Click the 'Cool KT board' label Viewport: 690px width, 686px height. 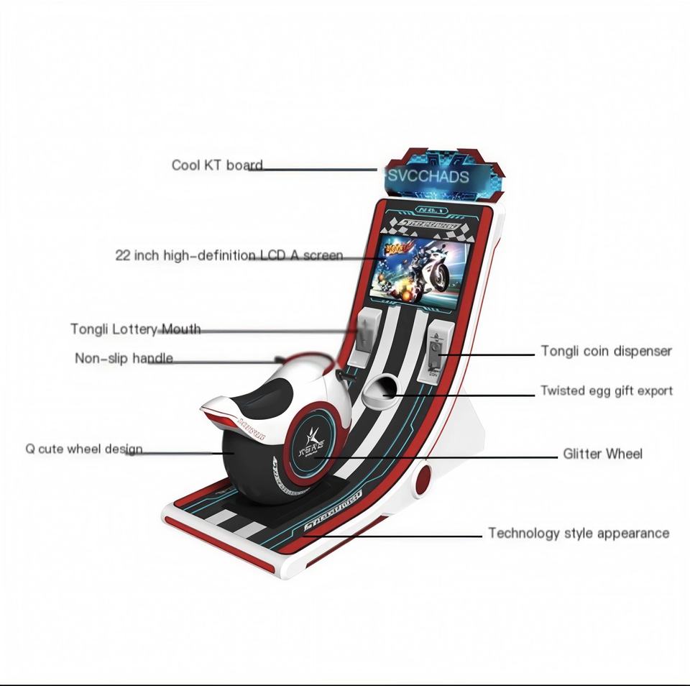click(216, 165)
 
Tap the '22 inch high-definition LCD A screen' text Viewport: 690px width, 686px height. click(229, 255)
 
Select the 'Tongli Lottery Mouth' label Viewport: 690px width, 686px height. click(135, 329)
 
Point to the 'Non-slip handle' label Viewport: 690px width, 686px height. click(124, 358)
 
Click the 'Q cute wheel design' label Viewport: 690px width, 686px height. click(83, 449)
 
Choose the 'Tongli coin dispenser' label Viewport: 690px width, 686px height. click(606, 351)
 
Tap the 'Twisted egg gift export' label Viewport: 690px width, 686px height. click(606, 391)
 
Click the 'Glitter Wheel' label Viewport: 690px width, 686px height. click(602, 454)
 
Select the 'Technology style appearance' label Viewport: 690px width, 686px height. click(578, 534)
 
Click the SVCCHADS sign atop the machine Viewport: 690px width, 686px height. click(428, 177)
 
